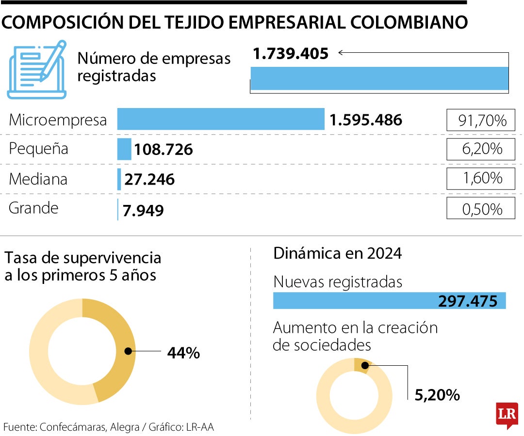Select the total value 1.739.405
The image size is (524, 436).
pos(291,53)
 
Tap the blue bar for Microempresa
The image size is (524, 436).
pos(221,119)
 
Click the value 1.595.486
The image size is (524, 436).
pos(366,120)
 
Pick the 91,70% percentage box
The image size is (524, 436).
pos(481,120)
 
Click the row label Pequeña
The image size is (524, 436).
pos(39,149)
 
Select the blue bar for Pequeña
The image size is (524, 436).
pos(124,149)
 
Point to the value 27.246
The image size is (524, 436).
pos(149,180)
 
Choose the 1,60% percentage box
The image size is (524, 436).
pos(481,179)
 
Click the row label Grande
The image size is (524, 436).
pos(34,208)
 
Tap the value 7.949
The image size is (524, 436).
pos(144,211)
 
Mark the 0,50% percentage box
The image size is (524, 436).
pos(481,209)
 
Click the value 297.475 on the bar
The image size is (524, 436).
pos(468,301)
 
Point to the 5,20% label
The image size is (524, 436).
pos(437,395)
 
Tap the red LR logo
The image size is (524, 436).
pos(507,414)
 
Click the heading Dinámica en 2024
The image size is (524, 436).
pos(338,253)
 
